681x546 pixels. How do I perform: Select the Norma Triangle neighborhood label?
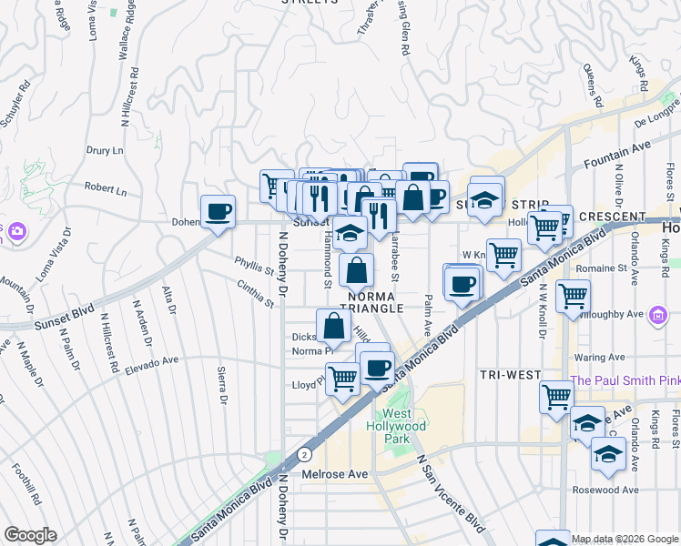(371, 302)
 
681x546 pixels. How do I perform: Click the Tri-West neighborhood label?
(511, 375)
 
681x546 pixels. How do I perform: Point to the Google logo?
(30, 535)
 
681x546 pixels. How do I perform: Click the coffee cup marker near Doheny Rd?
(218, 213)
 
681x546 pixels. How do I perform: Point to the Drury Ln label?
(105, 150)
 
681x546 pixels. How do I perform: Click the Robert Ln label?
(106, 189)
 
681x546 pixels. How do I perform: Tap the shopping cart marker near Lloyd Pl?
(342, 378)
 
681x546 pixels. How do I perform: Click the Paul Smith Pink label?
(625, 380)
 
